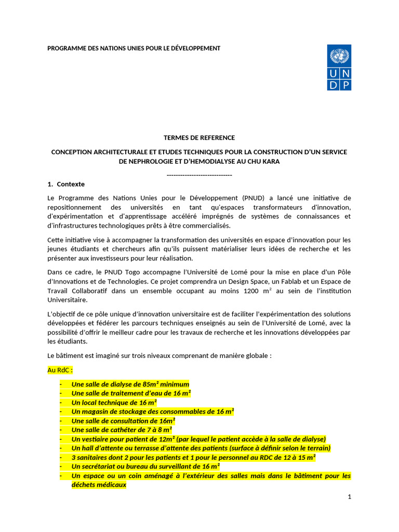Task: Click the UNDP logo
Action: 339,68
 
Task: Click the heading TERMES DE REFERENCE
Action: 199,138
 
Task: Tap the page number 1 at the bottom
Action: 350,497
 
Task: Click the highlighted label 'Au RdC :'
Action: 60,371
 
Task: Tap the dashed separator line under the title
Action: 199,175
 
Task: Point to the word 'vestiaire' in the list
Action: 97,439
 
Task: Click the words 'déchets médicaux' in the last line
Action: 98,485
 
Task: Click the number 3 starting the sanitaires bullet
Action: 73,458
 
